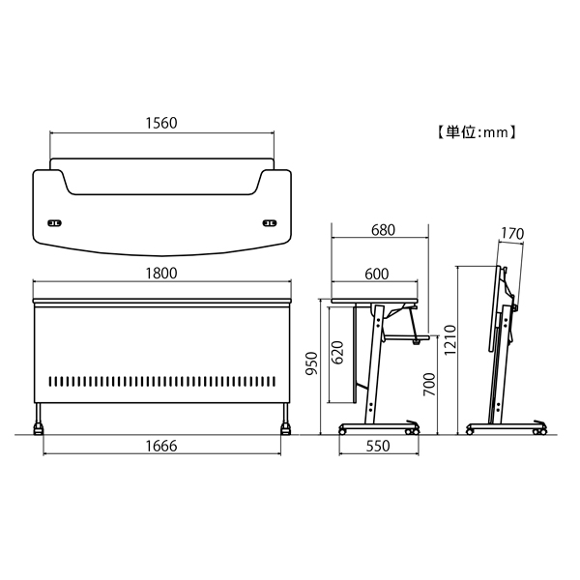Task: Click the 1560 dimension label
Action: point(161,123)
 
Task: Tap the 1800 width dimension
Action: point(161,274)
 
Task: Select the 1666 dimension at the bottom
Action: point(161,446)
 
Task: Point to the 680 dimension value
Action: point(383,230)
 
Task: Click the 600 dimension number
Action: point(377,275)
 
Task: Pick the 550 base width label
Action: point(378,446)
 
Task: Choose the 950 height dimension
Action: point(312,362)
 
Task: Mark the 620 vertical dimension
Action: point(337,353)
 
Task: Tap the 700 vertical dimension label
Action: point(429,385)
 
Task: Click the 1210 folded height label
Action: point(450,340)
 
